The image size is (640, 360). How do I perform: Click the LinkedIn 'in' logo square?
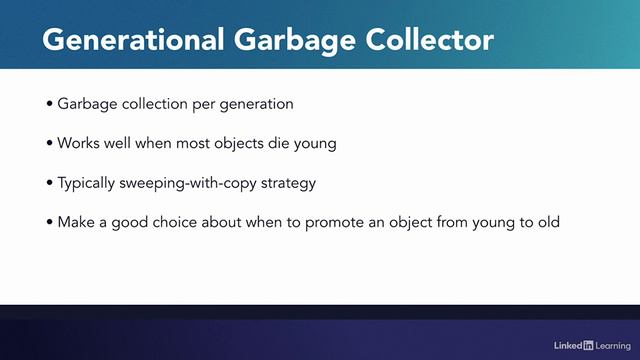588,345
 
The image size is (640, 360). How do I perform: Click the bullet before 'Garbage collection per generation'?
50,104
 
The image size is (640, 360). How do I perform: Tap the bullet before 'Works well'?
50,143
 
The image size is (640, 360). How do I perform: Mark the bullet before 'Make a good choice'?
50,221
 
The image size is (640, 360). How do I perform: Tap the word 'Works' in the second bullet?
77,143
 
